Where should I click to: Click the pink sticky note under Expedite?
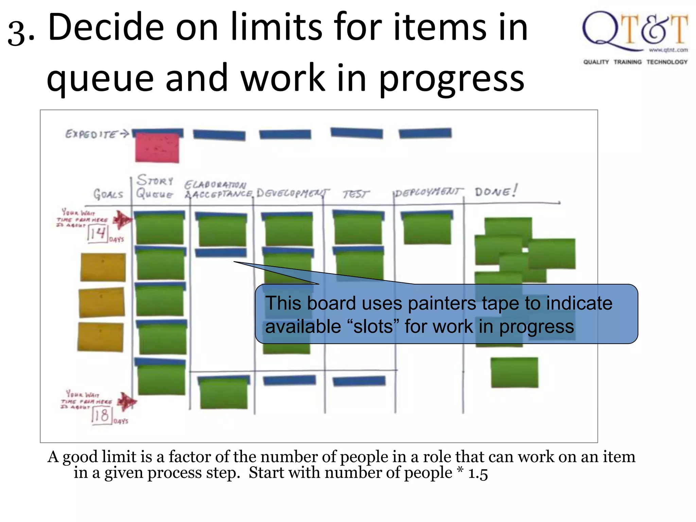[157, 148]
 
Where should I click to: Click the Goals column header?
[108, 194]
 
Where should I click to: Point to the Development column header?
[292, 193]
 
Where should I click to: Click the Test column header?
[355, 194]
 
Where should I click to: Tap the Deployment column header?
[428, 193]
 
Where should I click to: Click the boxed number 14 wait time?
[98, 233]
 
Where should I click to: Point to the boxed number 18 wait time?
[101, 415]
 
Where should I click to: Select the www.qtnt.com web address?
[668, 50]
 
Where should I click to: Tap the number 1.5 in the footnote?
[478, 473]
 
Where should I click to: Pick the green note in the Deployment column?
[427, 228]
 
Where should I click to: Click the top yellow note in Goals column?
[103, 267]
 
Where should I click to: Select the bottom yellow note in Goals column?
[101, 337]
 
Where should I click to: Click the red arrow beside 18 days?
[127, 402]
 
